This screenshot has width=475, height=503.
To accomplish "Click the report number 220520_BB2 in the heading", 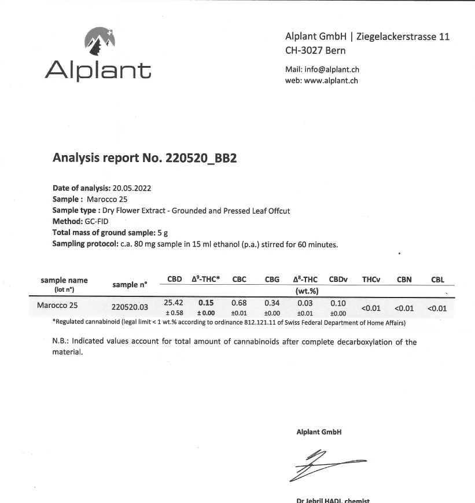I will click(201, 157).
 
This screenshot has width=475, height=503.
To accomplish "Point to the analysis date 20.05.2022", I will click(136, 188).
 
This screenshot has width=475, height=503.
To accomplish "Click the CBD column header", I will click(175, 280).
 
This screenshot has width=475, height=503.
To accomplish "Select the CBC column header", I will click(239, 280).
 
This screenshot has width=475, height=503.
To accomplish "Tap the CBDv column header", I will click(338, 280).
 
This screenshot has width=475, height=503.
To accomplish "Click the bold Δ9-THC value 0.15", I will click(206, 302).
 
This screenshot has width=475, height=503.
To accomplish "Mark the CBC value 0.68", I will click(239, 302).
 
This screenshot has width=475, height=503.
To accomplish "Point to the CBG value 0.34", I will click(272, 302).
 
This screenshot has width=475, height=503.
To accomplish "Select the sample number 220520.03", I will click(130, 307).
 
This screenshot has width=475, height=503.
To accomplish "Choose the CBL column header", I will click(437, 280).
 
